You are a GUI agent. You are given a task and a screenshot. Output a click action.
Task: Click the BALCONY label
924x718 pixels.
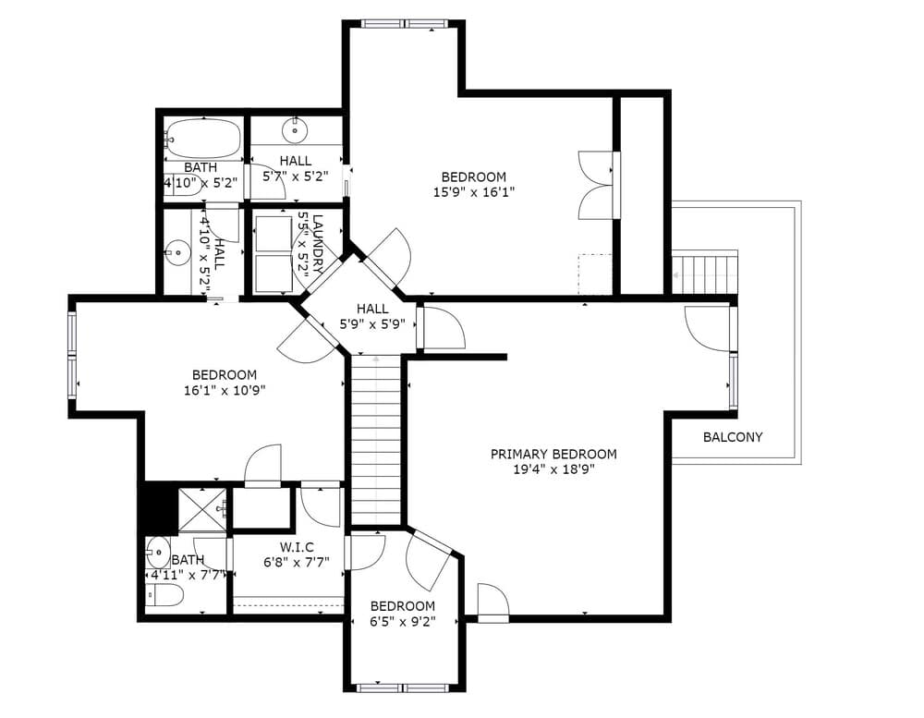(x=733, y=437)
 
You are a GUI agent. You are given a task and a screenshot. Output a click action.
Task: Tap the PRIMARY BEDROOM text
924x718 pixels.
(x=553, y=455)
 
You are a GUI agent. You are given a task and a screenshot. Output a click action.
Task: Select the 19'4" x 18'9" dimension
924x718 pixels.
(x=553, y=469)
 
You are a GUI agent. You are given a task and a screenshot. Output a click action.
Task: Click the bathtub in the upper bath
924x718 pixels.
(x=202, y=138)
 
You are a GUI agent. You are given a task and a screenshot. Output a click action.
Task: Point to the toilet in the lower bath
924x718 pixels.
(x=164, y=596)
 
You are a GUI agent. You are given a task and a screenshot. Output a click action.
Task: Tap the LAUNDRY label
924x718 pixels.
(x=318, y=244)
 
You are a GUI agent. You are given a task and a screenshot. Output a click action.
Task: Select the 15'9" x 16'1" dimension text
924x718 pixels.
(x=474, y=192)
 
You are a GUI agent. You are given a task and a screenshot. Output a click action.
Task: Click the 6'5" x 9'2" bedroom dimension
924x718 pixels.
(x=403, y=621)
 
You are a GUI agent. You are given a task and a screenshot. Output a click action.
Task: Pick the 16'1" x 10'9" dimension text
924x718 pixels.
(x=225, y=390)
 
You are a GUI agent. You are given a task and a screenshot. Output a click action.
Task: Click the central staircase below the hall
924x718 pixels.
(x=377, y=441)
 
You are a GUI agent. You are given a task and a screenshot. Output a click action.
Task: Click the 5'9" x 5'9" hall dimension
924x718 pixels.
(x=372, y=324)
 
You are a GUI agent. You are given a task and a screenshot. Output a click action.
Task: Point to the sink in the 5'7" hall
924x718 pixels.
(x=294, y=129)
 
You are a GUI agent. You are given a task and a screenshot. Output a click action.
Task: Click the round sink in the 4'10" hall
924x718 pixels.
(x=177, y=253)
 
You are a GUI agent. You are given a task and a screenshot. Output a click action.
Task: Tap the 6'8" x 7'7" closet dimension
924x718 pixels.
(x=297, y=563)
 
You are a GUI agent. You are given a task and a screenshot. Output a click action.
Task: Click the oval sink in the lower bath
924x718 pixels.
(x=158, y=553)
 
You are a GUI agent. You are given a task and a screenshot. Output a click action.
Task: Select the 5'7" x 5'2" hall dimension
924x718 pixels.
(x=296, y=176)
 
